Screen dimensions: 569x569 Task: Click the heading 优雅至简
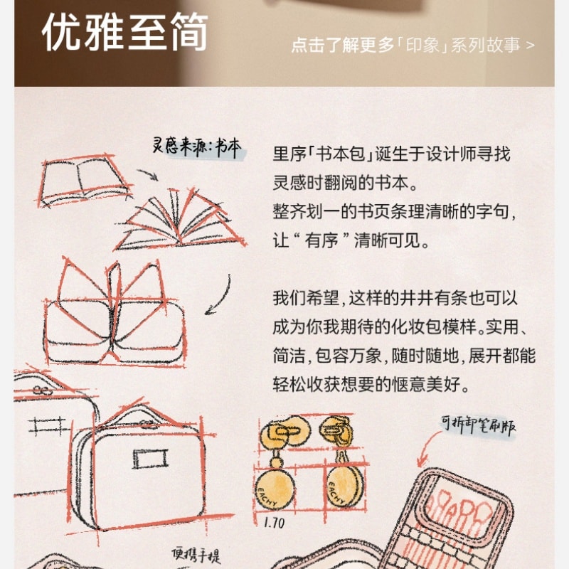pos(124,32)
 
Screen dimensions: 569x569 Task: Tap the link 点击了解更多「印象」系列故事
pos(412,45)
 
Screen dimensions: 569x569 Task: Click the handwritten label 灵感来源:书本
pos(197,147)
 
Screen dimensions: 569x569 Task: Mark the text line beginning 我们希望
pos(395,298)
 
